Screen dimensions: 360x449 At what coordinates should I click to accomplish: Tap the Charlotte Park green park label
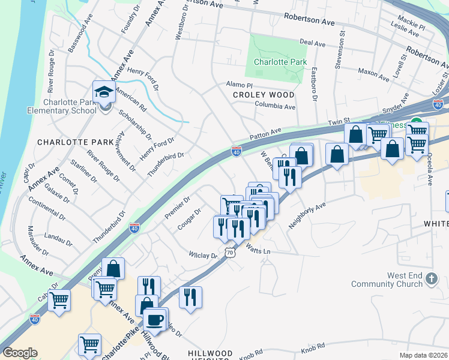tap(280, 62)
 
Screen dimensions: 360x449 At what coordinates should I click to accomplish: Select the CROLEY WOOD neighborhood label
tap(264, 95)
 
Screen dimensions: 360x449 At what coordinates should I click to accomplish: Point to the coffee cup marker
tap(156, 319)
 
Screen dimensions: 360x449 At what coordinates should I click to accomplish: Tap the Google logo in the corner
tap(20, 353)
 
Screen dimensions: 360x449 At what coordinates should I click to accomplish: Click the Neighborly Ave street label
tap(306, 214)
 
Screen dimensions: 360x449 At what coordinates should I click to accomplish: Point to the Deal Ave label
tap(312, 43)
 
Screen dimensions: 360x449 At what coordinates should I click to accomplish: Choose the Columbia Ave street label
tap(275, 107)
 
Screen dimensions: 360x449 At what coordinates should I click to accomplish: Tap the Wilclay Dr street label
tap(202, 255)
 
